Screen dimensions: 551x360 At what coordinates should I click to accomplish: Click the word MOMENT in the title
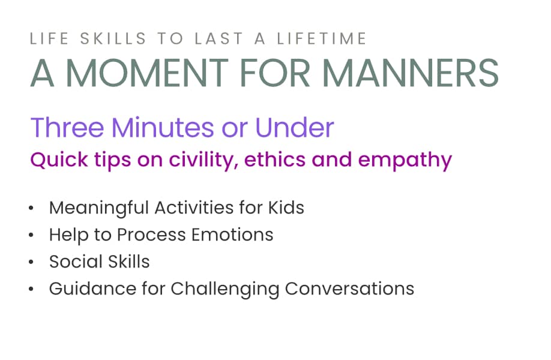click(147, 73)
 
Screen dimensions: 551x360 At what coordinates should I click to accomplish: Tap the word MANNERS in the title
click(411, 73)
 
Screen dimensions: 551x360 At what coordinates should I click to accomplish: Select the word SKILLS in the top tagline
click(113, 38)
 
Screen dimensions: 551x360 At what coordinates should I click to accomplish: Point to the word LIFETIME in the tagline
click(322, 38)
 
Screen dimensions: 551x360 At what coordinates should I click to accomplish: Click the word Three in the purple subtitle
click(67, 127)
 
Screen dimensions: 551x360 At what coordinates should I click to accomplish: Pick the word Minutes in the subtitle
click(163, 127)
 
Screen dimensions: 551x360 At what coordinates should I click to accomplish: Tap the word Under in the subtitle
click(295, 127)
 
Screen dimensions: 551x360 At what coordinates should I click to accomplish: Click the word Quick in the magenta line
click(59, 160)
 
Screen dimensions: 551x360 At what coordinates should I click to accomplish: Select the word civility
click(203, 161)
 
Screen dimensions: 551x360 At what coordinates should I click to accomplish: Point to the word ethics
click(275, 160)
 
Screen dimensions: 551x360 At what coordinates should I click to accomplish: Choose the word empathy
click(405, 161)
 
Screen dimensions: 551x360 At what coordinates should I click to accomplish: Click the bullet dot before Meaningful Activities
click(31, 208)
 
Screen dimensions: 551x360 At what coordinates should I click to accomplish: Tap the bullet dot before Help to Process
click(31, 235)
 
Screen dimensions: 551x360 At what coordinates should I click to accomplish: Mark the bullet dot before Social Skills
click(31, 262)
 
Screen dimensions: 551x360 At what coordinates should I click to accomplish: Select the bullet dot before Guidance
click(31, 289)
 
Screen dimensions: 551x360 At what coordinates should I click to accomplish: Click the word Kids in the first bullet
click(286, 208)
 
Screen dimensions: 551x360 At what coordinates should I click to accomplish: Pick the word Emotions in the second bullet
click(232, 235)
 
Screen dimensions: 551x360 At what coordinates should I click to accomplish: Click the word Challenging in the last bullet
click(225, 289)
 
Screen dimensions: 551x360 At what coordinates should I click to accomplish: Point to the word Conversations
click(350, 289)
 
